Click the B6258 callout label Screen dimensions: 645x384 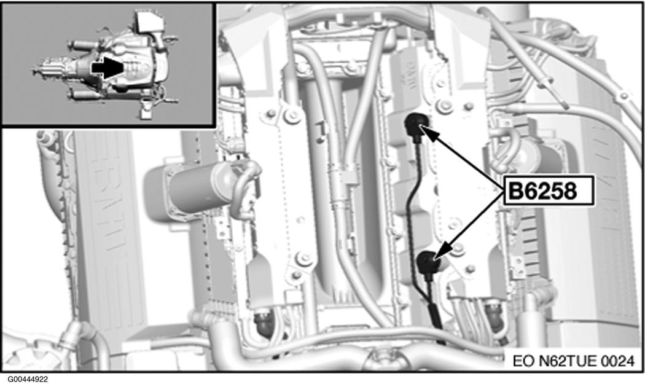(549, 190)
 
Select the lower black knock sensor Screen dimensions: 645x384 (428, 263)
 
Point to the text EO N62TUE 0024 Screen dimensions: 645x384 (574, 361)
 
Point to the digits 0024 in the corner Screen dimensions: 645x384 (618, 361)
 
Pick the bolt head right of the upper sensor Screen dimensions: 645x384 (444, 106)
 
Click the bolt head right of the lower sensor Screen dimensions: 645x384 (458, 248)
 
